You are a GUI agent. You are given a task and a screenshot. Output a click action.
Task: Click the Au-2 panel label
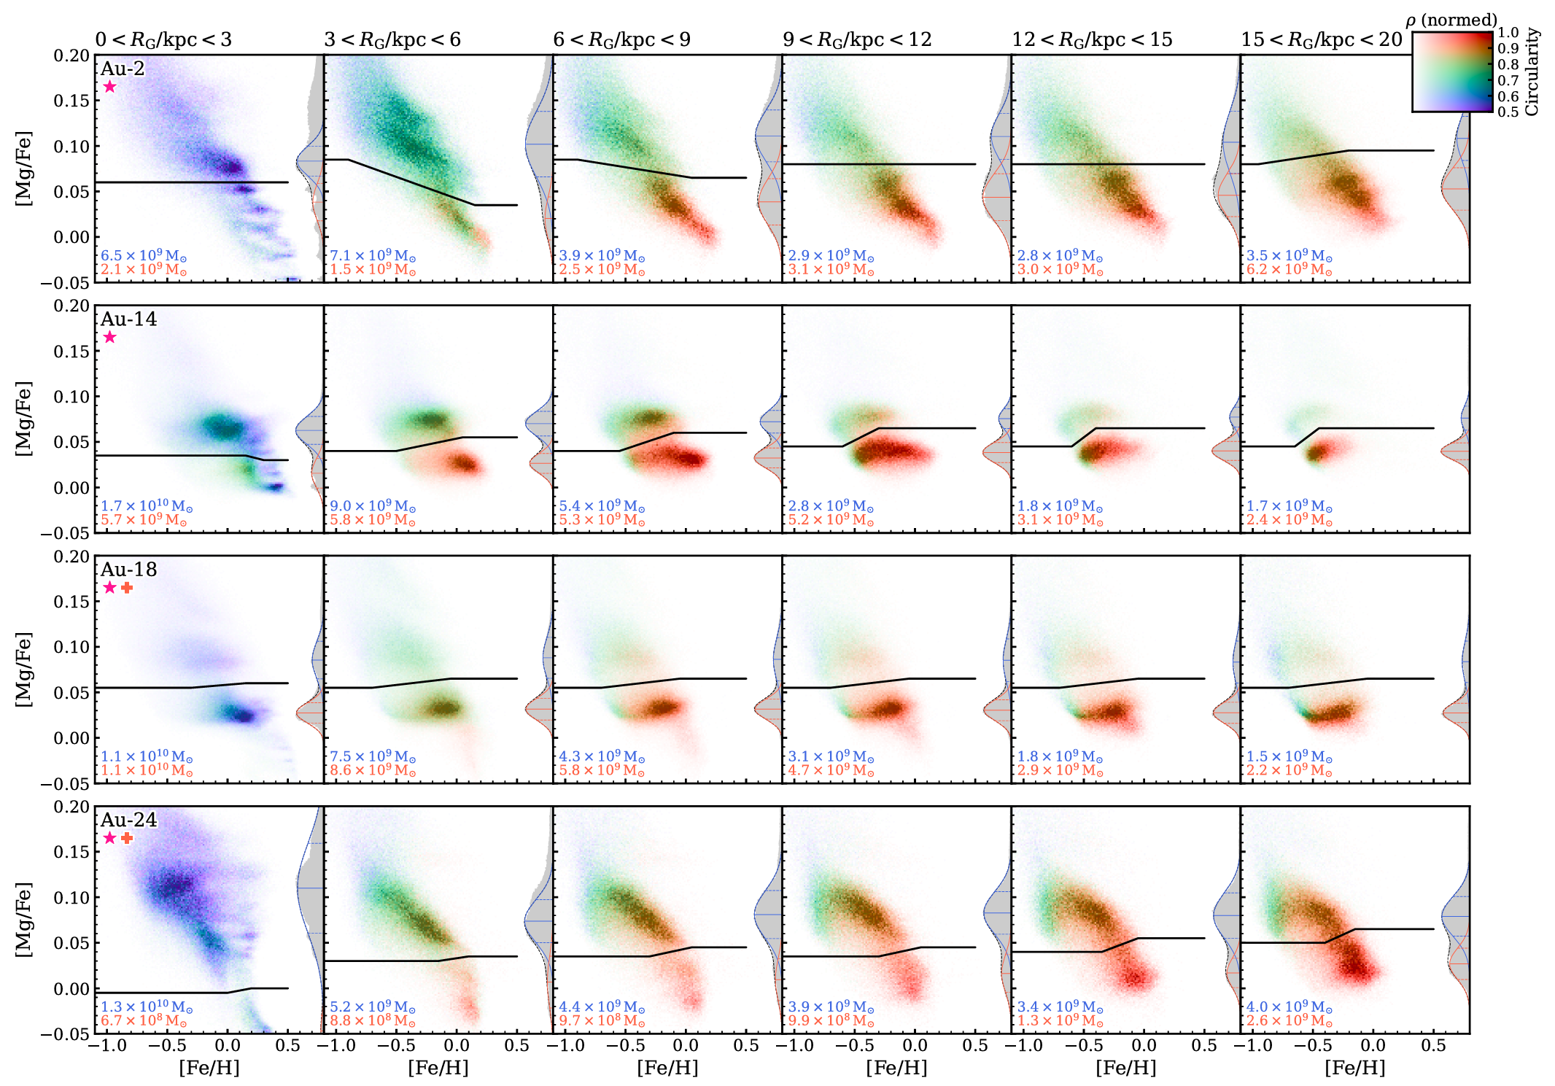point(123,69)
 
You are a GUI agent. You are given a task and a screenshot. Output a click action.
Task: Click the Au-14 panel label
point(128,319)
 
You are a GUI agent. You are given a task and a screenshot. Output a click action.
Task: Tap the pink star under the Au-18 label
point(109,588)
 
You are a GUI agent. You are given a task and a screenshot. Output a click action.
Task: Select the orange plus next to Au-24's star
point(127,838)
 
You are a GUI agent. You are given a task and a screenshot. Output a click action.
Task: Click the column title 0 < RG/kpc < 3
point(163,39)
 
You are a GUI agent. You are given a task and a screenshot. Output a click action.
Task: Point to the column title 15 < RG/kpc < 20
point(1322,39)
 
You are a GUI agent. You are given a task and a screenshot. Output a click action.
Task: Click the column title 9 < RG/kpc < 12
point(857,39)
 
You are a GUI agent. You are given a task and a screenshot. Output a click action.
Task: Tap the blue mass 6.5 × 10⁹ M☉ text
point(144,256)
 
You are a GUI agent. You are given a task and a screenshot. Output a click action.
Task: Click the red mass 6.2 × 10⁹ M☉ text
point(1289,270)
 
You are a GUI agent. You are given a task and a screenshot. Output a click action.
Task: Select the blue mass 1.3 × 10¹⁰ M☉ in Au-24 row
point(147,1007)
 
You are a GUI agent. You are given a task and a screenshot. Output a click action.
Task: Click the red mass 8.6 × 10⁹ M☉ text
point(373,771)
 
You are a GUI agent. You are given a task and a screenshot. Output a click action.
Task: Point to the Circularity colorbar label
point(1532,71)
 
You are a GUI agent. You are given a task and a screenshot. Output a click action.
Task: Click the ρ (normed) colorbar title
point(1451,20)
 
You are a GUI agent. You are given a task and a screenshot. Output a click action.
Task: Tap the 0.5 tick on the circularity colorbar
point(1508,112)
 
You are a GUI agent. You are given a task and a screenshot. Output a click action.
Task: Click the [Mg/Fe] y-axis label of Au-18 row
point(23,670)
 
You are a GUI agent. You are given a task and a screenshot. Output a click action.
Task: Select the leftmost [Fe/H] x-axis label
point(209,1068)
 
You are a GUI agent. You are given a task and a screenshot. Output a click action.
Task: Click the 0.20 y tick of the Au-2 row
point(71,56)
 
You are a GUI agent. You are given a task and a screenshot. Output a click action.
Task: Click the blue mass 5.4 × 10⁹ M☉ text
point(602,506)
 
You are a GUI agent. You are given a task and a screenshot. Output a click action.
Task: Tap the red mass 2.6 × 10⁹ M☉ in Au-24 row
point(1289,1021)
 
